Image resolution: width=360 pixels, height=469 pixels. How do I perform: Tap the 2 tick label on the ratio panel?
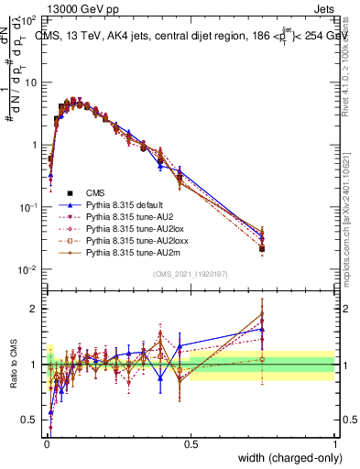[36, 309]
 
